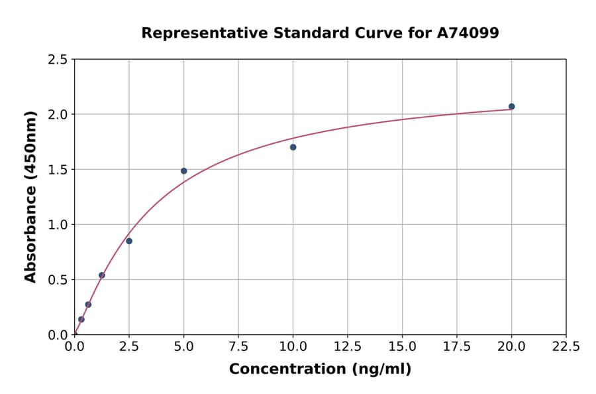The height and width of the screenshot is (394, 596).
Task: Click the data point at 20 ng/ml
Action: point(511,106)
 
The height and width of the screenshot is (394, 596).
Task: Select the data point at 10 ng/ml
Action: point(293,147)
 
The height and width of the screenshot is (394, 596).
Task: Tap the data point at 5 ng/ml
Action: point(183,171)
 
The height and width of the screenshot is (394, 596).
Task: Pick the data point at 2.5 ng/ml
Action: point(129,241)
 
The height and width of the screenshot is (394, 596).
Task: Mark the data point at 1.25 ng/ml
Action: point(102,275)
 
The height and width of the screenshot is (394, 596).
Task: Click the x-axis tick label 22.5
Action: point(566,347)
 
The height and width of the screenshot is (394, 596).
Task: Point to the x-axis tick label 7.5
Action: point(238,347)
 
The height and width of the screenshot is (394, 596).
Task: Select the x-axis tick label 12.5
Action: point(348,347)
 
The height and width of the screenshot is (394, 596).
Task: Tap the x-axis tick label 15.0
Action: point(402,347)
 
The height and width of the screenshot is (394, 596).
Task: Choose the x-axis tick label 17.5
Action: point(457,347)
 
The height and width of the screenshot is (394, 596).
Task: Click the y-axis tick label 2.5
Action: point(58,60)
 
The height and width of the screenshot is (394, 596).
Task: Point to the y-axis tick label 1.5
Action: point(58,170)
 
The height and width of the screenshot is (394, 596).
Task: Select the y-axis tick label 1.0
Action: point(58,225)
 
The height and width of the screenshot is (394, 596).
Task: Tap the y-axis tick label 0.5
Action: point(58,280)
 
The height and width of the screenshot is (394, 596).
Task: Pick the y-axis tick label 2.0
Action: point(58,115)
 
